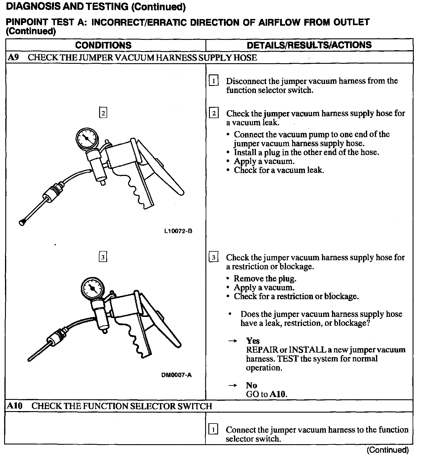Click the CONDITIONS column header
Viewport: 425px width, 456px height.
(x=103, y=45)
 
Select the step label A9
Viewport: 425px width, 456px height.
(x=13, y=57)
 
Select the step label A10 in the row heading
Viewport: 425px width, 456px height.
(x=15, y=406)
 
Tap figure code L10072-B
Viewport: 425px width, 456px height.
(x=178, y=231)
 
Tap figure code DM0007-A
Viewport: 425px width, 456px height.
(x=176, y=375)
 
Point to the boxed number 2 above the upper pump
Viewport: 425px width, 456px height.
(x=103, y=113)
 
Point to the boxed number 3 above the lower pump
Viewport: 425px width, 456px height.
(x=103, y=257)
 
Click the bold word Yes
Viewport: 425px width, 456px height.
(x=253, y=341)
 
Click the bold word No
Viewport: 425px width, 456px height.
(x=251, y=385)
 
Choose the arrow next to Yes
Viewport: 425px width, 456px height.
(x=233, y=341)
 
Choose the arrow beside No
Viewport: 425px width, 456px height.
(x=233, y=385)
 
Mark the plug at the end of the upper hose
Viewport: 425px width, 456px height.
(x=22, y=223)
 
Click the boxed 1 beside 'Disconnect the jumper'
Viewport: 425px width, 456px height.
(x=213, y=81)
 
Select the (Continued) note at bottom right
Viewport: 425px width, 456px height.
(x=388, y=450)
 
